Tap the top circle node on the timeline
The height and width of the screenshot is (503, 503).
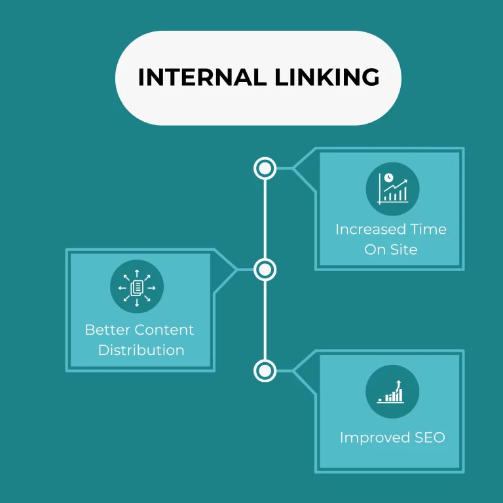(265, 168)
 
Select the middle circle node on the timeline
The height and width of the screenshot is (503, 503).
(265, 269)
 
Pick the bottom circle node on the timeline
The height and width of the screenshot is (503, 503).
(265, 371)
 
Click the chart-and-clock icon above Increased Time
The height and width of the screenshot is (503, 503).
(392, 188)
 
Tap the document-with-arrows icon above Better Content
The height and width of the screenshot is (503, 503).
(137, 287)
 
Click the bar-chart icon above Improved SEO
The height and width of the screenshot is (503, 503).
(392, 392)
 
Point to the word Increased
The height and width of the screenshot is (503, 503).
(363, 229)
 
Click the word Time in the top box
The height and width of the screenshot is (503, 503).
(428, 229)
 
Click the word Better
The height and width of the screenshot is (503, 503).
(108, 329)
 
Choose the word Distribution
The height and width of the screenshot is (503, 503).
(141, 350)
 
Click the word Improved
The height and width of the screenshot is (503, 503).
(371, 438)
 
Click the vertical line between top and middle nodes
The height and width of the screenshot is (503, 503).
(265, 219)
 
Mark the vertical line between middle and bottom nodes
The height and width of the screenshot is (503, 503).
(265, 320)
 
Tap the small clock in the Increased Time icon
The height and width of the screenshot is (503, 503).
(388, 177)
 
